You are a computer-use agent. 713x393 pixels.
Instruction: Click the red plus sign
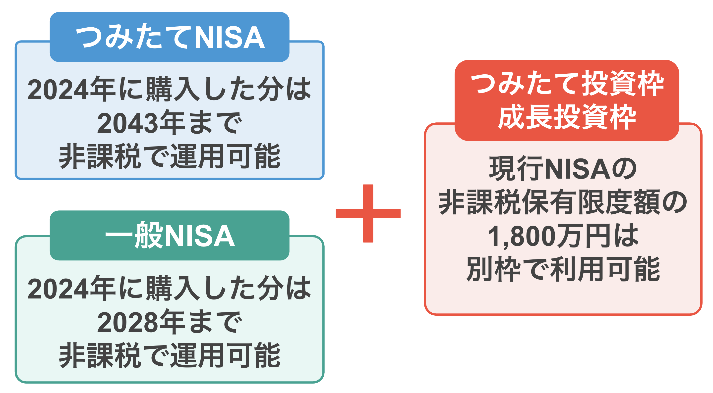click(368, 213)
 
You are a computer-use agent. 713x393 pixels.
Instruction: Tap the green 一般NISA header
click(169, 235)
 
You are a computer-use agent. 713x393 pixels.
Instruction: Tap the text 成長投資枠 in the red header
click(567, 117)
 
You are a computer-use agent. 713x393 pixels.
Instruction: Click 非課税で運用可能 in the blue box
click(169, 156)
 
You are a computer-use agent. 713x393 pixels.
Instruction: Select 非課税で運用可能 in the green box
click(169, 356)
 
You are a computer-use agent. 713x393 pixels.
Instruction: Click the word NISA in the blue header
click(230, 38)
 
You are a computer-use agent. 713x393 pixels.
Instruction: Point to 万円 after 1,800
click(584, 236)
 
